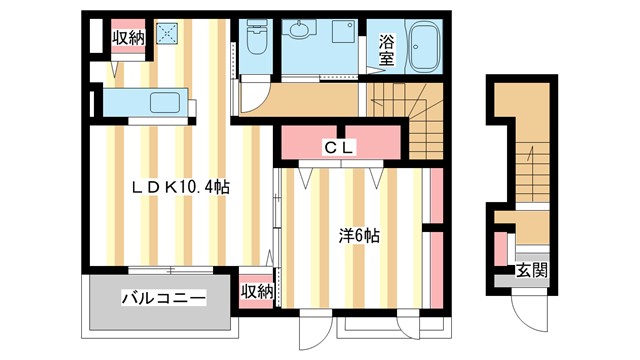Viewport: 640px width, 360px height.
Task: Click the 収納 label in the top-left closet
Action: pos(127,39)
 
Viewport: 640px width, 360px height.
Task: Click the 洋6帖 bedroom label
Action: pos(358,237)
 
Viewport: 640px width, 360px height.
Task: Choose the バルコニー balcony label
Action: pos(164,298)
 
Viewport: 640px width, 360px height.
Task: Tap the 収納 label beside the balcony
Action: pos(257,292)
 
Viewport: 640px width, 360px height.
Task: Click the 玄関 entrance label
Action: pos(531,269)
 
